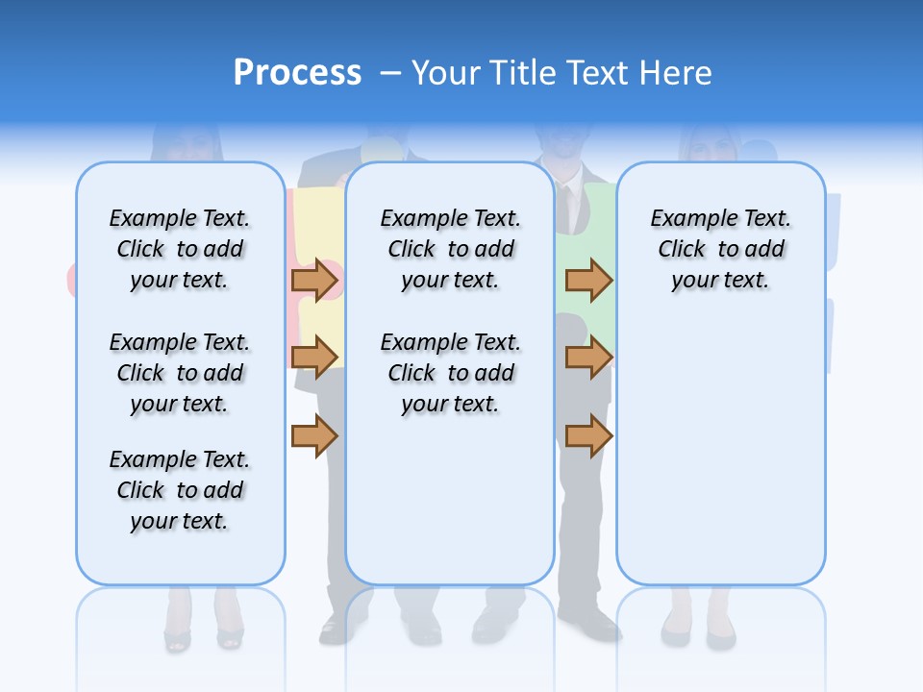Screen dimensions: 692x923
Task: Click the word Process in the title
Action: (x=297, y=72)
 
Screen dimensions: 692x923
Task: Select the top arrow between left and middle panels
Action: (x=314, y=281)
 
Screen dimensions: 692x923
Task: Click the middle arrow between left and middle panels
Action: (x=314, y=357)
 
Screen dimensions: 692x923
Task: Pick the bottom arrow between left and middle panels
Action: (x=314, y=436)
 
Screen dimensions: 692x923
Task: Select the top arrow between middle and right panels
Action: (x=588, y=281)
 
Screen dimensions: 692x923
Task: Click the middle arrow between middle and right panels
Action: (x=588, y=357)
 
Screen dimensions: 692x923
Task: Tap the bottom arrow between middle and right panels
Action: (x=588, y=436)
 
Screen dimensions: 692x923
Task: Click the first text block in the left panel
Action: (x=180, y=249)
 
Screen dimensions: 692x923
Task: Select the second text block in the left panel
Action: (x=180, y=373)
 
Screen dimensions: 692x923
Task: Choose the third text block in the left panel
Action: (x=180, y=490)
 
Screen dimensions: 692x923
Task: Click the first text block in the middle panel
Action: (x=450, y=249)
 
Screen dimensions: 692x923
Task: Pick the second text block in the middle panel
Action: (x=450, y=373)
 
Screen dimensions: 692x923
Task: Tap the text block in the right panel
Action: (x=720, y=249)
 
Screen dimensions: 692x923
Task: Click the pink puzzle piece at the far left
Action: (x=71, y=279)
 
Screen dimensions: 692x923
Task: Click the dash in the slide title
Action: (x=390, y=72)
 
